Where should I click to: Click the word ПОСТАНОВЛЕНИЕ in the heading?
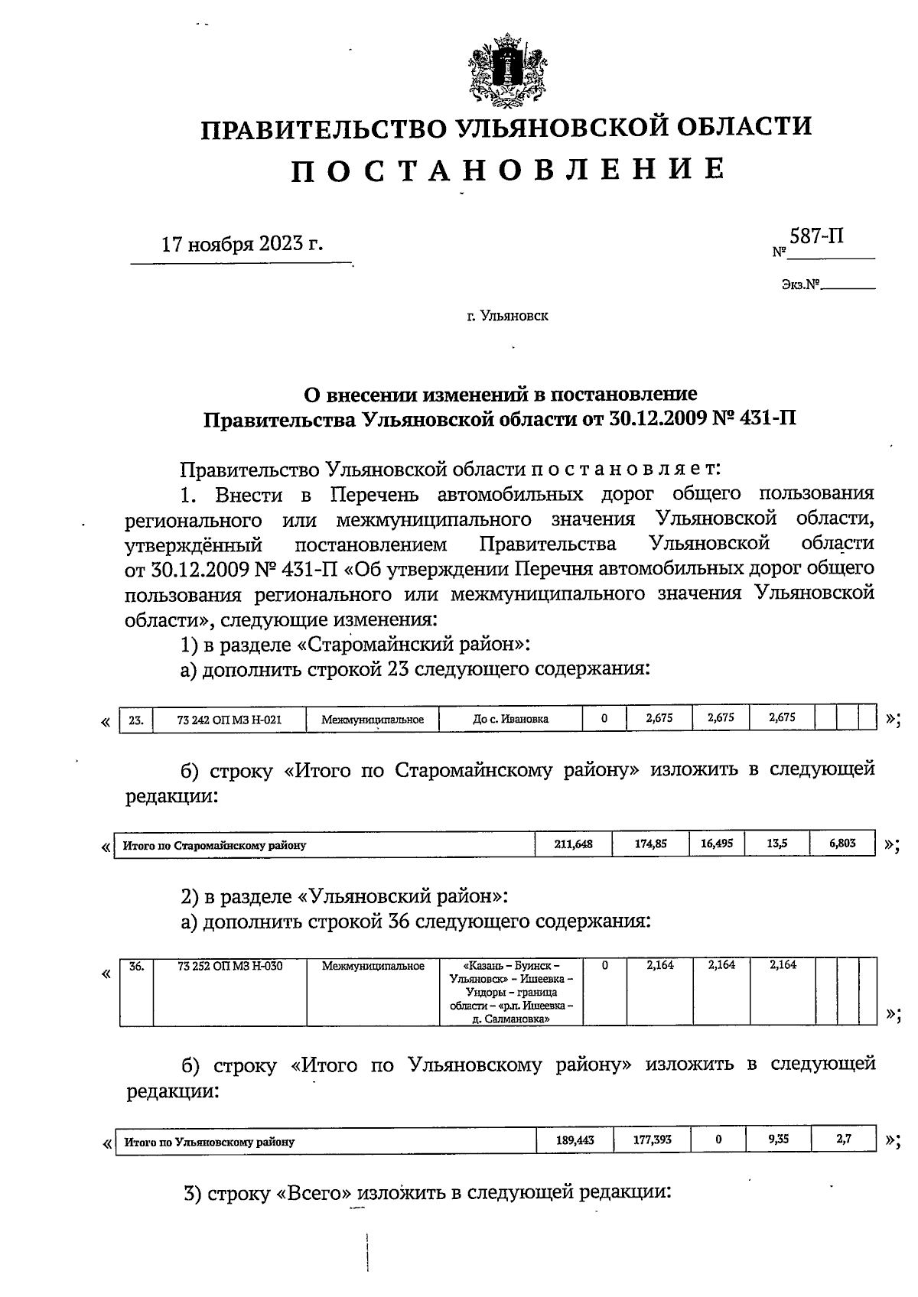507,170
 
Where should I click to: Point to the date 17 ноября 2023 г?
242,245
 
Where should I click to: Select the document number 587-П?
817,236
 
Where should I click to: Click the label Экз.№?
800,285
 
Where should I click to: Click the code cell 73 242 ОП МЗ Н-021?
229,719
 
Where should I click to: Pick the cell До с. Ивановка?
510,719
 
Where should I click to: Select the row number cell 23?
136,719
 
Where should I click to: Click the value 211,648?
573,844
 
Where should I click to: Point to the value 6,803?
842,844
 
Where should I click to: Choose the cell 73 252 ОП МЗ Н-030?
229,966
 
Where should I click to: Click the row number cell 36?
136,966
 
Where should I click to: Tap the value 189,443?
575,1140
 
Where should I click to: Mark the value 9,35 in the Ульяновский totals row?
778,1139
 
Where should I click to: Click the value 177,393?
652,1140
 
